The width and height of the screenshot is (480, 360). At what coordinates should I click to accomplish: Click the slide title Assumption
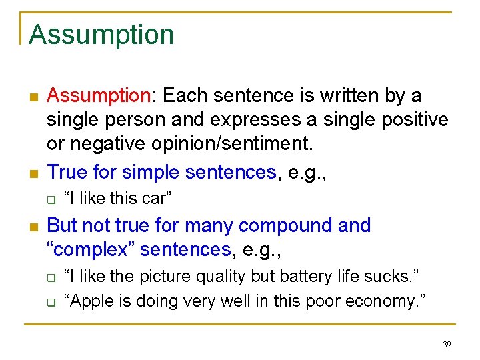(x=101, y=35)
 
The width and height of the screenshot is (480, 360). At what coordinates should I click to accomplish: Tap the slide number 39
(x=447, y=345)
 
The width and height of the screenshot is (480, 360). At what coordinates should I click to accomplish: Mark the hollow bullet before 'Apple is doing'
(x=49, y=302)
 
